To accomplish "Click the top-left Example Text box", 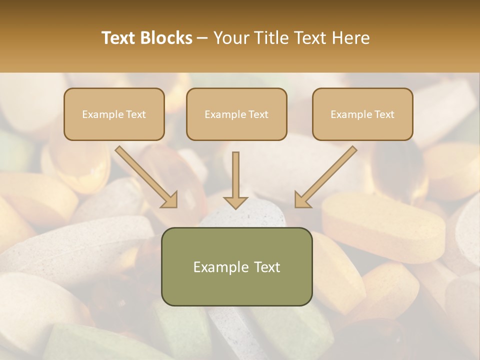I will tap(114, 114).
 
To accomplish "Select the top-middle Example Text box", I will tap(236, 114).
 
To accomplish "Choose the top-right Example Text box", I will tap(362, 114).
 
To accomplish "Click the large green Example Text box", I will tap(236, 266).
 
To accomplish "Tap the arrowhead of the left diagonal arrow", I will tap(170, 199).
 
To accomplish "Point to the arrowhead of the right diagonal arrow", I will tap(302, 199).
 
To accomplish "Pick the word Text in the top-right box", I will tap(384, 114).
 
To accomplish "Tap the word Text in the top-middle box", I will tap(258, 114).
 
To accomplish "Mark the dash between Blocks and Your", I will tap(202, 38).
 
